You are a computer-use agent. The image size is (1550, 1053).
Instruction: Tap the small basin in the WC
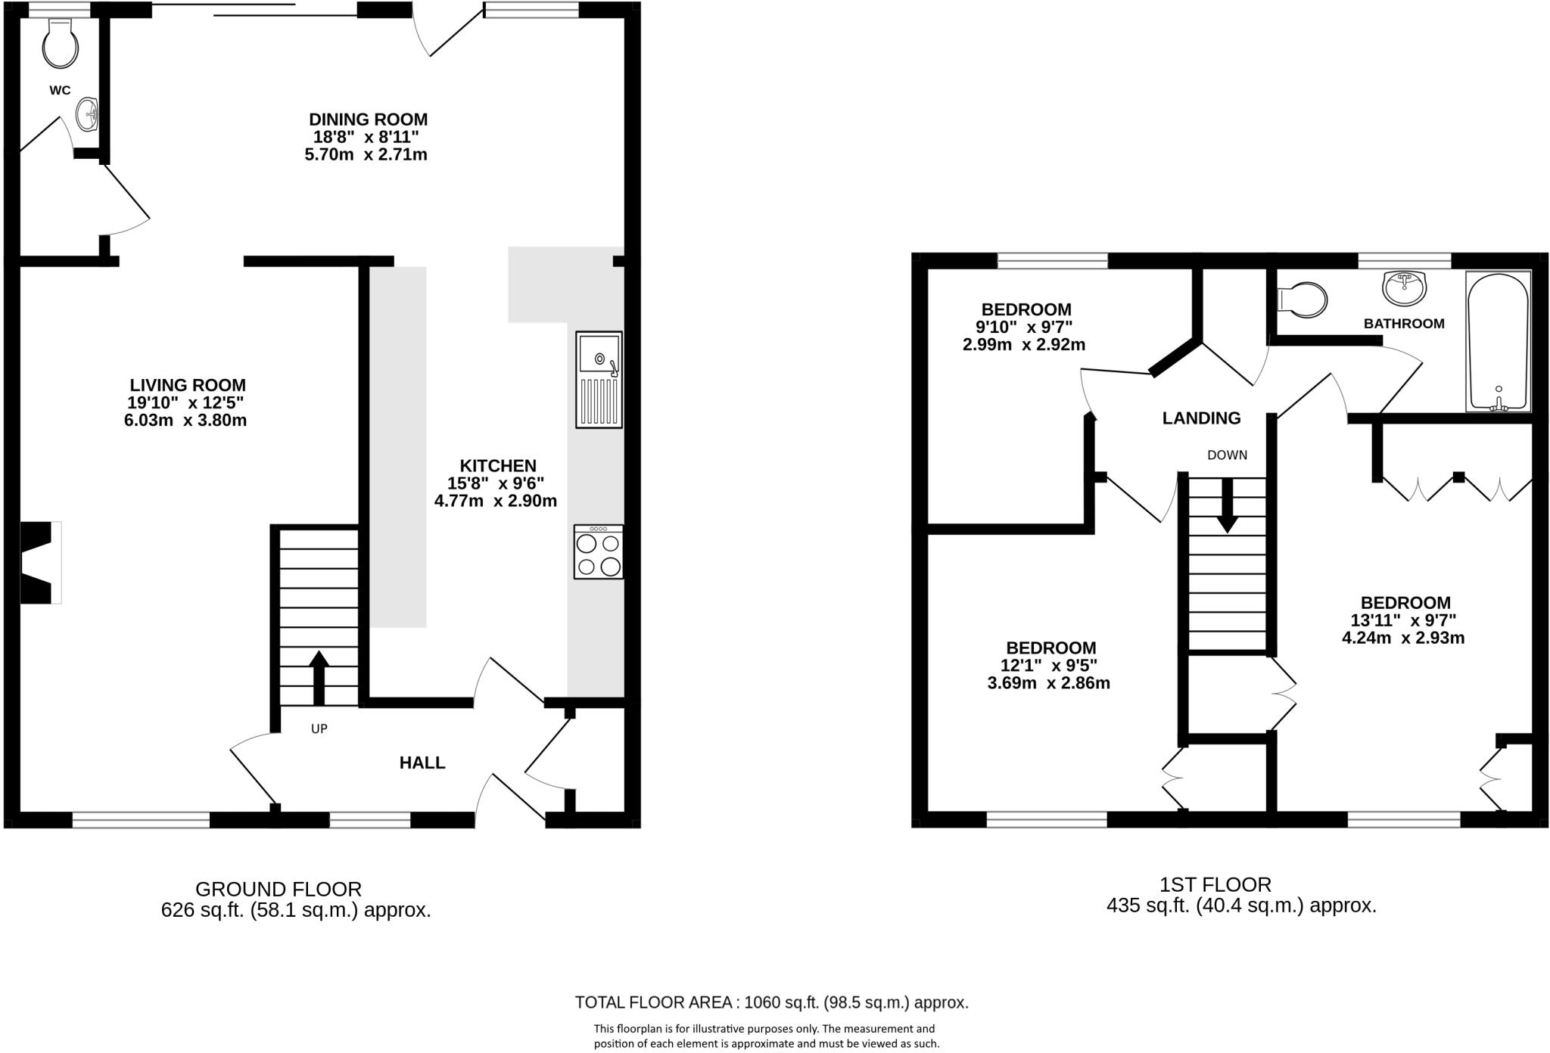coord(88,114)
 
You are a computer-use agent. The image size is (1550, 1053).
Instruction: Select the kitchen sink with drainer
coord(599,379)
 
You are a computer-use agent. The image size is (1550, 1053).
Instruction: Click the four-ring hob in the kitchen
coord(599,552)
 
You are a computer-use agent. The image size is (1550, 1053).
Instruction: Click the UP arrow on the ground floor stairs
coord(319,677)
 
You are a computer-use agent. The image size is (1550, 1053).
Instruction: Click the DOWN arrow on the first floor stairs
coord(1227,505)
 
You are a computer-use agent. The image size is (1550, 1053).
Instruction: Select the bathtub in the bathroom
coord(1499,341)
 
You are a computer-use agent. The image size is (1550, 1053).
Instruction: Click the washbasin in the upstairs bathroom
coord(1405,287)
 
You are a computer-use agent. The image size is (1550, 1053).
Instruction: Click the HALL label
coord(422,763)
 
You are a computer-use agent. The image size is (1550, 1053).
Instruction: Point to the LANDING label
coord(1201,418)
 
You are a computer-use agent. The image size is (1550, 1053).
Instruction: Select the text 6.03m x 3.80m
coord(185,421)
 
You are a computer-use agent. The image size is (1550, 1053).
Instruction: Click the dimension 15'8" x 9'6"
coord(496,483)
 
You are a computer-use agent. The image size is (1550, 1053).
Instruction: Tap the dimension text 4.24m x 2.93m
coord(1403,638)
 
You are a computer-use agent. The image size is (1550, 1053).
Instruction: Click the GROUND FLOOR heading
coord(279,889)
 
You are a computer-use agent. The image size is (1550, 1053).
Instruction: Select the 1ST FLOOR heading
coord(1215,884)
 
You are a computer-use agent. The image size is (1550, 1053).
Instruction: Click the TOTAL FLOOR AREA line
coord(771,1002)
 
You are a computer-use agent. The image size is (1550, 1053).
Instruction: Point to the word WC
coord(60,91)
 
